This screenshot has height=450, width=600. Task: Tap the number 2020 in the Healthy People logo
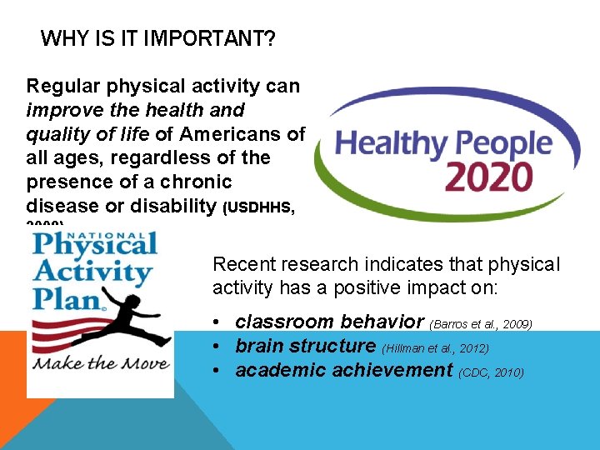click(x=487, y=176)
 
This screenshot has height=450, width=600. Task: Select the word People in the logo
click(x=497, y=143)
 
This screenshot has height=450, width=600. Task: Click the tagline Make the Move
click(x=101, y=363)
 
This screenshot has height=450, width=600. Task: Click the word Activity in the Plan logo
click(x=92, y=272)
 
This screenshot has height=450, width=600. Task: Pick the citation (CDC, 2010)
click(x=492, y=372)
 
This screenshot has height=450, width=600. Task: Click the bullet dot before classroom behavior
click(x=217, y=322)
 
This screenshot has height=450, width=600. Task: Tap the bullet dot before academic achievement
click(x=217, y=371)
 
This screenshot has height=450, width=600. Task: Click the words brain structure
click(x=306, y=346)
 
